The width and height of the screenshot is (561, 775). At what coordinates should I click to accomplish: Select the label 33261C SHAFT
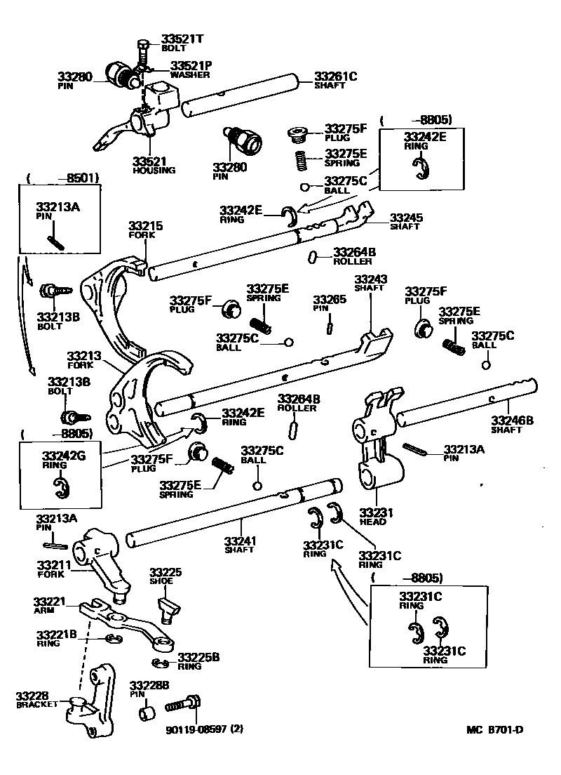tap(334, 80)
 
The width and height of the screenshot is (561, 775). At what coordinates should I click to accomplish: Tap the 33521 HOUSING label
tap(154, 164)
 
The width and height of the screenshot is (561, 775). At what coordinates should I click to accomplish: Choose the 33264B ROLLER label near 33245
tap(354, 256)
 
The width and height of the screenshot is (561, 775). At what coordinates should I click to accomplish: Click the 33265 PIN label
tap(329, 303)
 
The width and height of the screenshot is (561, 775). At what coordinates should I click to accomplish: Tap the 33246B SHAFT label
tap(512, 424)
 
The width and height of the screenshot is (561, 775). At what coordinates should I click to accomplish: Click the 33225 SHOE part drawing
tap(168, 608)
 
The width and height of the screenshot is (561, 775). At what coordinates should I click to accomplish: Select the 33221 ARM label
tap(49, 605)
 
